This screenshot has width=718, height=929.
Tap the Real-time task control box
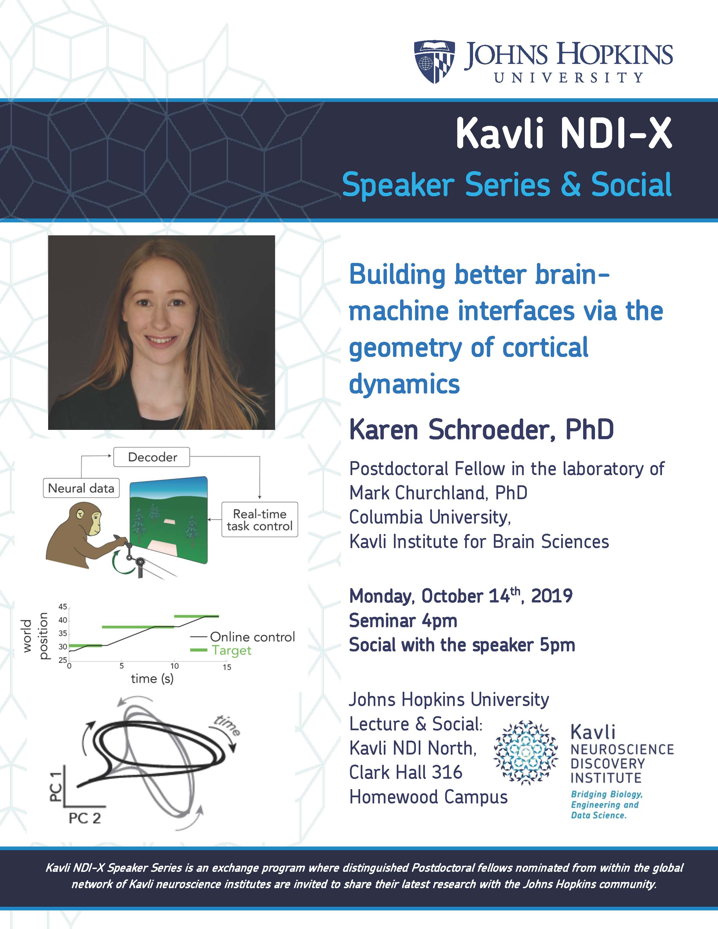click(260, 519)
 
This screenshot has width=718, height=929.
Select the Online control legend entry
click(242, 637)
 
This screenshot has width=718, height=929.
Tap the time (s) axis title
click(152, 678)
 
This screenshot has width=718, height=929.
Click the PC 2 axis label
click(85, 818)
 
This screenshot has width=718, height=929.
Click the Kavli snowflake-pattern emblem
click(526, 753)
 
